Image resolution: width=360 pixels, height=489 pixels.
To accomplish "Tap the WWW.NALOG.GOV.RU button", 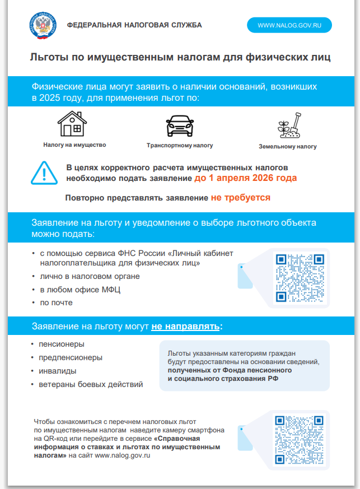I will [290, 25].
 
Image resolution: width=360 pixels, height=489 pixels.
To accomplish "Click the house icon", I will [72, 124].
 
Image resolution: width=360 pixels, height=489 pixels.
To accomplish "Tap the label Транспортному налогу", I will [180, 145].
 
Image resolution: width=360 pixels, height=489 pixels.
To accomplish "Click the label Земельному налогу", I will [288, 147].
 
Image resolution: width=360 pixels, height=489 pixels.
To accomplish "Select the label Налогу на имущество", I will [74, 145].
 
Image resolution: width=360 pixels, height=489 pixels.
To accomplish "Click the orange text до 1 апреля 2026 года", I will [246, 178].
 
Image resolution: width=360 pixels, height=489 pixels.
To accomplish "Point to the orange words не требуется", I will [241, 198].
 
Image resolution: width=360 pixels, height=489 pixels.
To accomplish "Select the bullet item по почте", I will [56, 302].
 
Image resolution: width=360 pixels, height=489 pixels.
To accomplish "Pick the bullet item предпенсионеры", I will [71, 357].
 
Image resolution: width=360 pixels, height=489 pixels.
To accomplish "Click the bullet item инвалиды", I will [58, 371].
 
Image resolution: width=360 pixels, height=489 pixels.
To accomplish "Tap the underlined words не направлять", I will [185, 326].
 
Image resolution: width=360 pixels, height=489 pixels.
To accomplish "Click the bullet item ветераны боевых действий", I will [91, 384].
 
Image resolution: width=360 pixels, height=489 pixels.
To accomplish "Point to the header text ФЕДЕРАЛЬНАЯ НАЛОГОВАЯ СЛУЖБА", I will [134, 25].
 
